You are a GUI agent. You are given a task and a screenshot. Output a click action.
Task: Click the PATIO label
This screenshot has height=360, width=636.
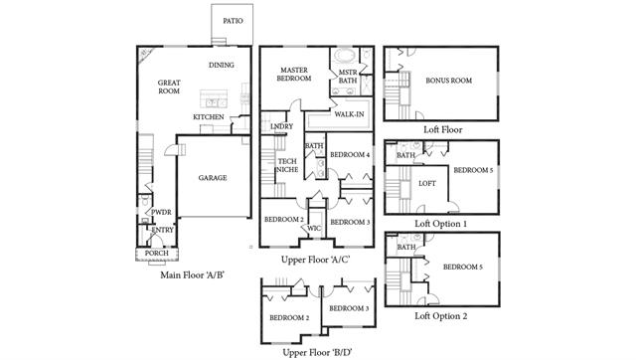(x=233, y=21)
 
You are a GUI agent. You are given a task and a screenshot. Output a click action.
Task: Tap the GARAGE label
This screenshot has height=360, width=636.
(x=213, y=178)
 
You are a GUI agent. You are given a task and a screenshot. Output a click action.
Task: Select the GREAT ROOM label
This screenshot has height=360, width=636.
(x=169, y=87)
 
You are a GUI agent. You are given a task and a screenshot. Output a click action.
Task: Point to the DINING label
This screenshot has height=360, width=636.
(x=222, y=65)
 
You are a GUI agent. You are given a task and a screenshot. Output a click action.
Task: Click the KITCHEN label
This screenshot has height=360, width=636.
(x=209, y=117)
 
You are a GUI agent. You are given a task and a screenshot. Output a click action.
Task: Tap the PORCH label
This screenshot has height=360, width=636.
(x=157, y=254)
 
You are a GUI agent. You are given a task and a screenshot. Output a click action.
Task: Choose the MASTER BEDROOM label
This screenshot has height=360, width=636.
(x=294, y=75)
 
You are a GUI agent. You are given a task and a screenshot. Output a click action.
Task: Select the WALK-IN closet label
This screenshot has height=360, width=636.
(x=349, y=114)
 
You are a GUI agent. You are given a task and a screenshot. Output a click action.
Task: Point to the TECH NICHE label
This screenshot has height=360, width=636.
(x=287, y=166)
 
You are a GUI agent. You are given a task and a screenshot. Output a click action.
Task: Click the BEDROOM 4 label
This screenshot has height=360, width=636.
(x=350, y=154)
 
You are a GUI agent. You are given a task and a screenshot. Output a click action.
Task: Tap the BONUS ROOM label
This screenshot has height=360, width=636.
(x=448, y=81)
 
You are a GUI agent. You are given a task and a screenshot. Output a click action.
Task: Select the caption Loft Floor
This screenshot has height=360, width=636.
(x=443, y=130)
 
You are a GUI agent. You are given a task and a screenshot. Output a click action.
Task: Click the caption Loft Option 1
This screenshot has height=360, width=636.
(x=440, y=224)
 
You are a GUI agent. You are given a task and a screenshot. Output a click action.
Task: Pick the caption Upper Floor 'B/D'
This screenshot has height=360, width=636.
(x=317, y=352)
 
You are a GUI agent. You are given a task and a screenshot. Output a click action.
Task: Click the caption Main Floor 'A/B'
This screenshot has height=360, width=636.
(x=192, y=275)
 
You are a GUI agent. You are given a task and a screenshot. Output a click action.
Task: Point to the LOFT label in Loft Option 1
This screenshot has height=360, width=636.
(x=427, y=183)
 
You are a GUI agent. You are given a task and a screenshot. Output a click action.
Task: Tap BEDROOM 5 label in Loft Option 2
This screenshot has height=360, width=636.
(x=463, y=268)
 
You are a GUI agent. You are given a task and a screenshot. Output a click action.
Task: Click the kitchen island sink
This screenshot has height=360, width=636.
(x=214, y=102)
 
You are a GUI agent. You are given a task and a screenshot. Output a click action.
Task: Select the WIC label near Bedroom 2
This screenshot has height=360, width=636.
(x=314, y=229)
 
